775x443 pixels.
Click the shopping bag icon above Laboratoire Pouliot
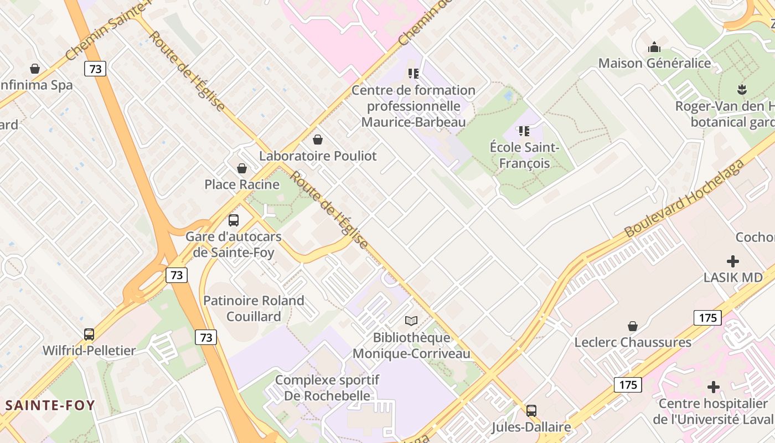(318, 140)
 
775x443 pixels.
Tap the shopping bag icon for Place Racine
(242, 168)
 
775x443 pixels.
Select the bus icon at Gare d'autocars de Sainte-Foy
(234, 220)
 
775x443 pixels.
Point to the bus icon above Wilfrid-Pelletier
(89, 334)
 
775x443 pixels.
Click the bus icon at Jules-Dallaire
(531, 411)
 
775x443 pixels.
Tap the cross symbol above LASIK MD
(733, 261)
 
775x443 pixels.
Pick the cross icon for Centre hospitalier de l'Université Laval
(714, 387)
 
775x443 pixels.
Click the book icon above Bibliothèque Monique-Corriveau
(411, 321)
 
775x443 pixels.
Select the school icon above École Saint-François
(524, 131)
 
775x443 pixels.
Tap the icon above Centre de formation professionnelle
(414, 73)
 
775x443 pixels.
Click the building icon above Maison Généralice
(654, 47)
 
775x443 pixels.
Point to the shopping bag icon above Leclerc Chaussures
(633, 326)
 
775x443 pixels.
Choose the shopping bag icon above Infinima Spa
(35, 69)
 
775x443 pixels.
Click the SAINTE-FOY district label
(50, 405)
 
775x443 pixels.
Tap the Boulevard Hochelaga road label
(684, 199)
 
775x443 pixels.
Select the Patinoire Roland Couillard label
(254, 308)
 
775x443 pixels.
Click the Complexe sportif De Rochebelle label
(327, 388)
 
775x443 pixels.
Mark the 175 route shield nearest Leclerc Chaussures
(707, 318)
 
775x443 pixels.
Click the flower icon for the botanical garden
(741, 89)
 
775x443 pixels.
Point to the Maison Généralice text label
(655, 63)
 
